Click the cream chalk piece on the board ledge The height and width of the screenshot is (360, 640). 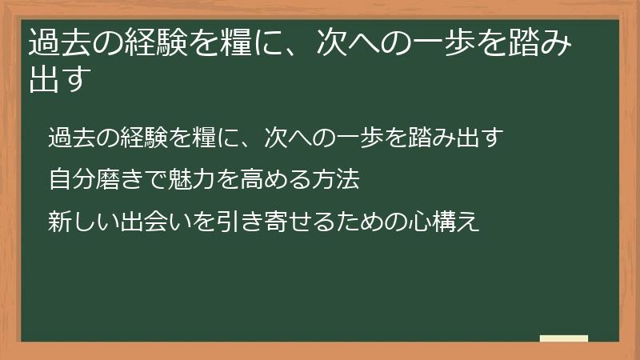pos(563,338)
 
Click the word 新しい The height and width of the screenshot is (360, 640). pos(79,220)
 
